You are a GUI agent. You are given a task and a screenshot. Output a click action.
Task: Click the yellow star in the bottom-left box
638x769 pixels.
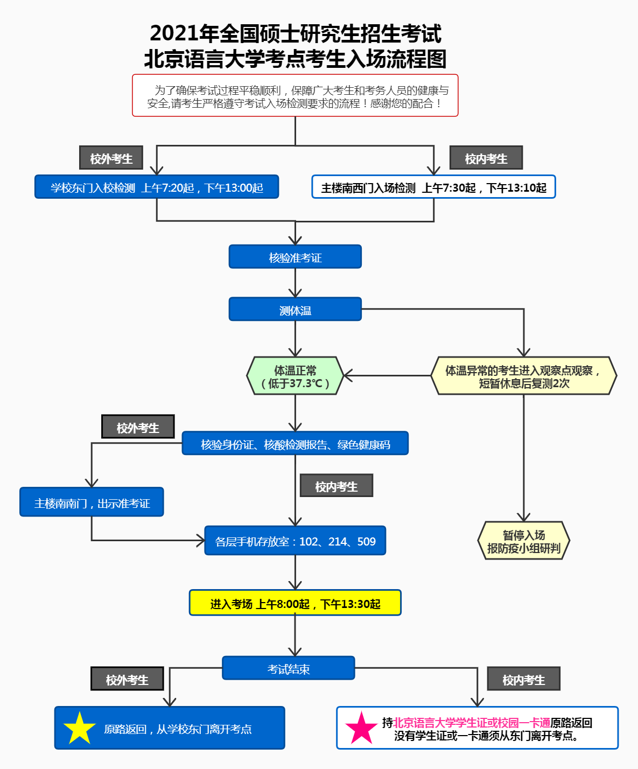point(80,729)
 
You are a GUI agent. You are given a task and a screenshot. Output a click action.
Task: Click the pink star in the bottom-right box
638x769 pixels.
point(361,729)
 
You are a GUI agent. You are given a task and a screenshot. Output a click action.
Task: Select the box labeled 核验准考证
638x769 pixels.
point(295,257)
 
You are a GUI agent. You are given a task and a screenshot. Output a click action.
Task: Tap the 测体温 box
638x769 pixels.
point(295,310)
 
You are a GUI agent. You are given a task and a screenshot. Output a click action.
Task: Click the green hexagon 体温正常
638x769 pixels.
point(295,376)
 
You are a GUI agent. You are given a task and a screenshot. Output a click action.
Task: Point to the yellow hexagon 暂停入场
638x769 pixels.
point(523,541)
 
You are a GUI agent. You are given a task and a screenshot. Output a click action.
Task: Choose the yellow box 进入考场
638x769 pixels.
point(295,603)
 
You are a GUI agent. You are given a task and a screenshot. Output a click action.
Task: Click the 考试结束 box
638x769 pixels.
point(289,668)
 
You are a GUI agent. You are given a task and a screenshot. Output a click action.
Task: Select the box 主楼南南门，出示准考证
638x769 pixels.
point(92,502)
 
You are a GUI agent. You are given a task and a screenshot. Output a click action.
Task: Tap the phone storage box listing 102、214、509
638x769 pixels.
point(295,541)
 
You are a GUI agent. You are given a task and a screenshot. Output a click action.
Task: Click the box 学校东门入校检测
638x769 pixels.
point(157,187)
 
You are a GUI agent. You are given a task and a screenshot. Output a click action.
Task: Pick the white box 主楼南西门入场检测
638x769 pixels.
point(433,187)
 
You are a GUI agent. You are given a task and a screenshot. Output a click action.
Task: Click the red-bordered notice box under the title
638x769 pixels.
point(295,96)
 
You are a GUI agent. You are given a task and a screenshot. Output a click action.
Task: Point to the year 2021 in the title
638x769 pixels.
point(174,33)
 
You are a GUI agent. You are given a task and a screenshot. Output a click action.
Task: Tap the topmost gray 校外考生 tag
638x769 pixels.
point(111,158)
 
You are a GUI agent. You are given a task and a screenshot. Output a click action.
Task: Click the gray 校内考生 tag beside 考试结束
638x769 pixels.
point(523,679)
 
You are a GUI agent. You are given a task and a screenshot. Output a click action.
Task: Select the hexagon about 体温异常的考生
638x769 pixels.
point(523,376)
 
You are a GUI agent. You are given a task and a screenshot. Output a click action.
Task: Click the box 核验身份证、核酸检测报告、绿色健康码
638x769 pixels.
point(295,444)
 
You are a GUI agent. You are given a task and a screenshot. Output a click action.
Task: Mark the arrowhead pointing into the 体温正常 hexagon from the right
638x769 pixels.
point(348,376)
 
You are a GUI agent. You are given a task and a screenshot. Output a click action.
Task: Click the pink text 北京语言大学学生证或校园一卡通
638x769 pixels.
point(472,723)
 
